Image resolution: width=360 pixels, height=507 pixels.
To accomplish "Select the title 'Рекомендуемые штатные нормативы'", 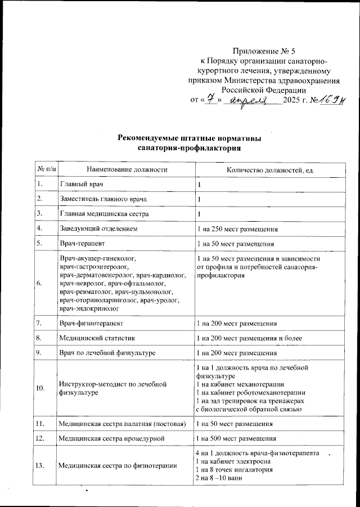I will [190, 138].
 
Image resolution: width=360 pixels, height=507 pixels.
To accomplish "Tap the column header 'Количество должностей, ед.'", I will [269, 169].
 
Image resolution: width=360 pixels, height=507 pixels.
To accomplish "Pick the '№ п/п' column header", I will [46, 169].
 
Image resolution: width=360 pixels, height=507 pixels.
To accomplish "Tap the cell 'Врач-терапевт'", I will [83, 244].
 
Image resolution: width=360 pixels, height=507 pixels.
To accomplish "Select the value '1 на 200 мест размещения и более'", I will [248, 338].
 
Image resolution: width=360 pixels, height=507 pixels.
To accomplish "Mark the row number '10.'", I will [40, 388].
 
